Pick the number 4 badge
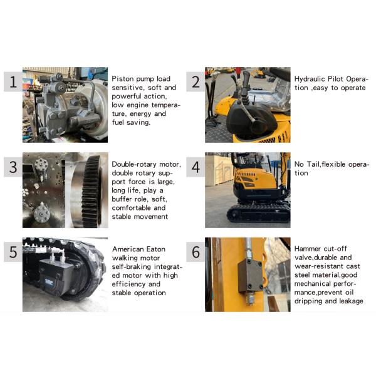196,167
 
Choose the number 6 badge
196,253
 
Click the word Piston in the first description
122,79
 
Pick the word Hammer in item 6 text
308,249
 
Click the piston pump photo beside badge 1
65,105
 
